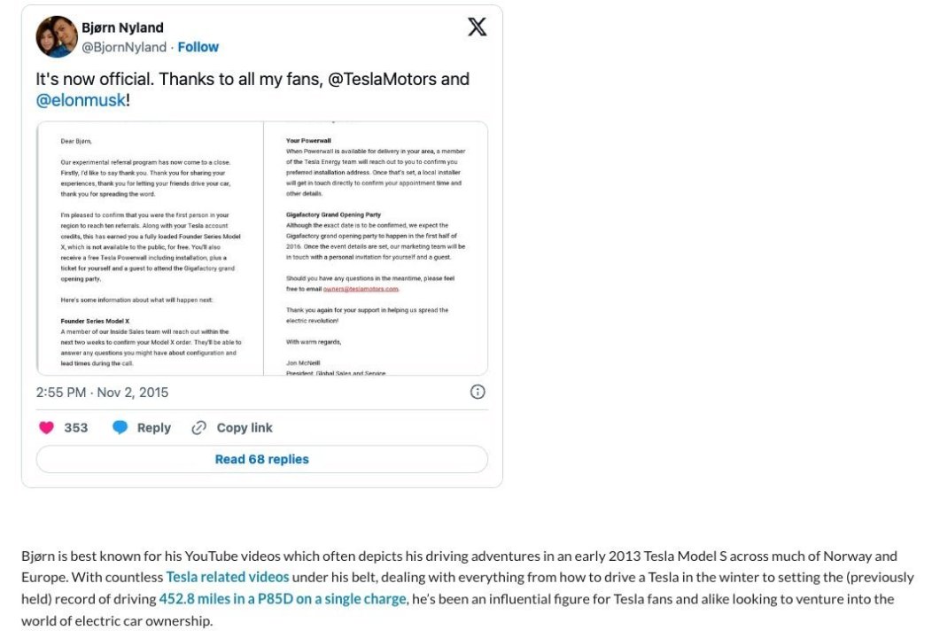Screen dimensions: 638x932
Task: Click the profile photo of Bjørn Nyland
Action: (57, 36)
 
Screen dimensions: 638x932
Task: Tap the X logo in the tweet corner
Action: (477, 27)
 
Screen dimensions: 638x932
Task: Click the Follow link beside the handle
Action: (198, 47)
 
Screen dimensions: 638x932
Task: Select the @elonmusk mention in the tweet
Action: (81, 100)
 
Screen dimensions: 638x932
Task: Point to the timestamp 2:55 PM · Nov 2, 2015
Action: (102, 392)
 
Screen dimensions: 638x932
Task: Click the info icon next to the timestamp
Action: (478, 392)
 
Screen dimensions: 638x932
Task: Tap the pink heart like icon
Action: (46, 427)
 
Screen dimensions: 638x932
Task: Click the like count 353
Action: (76, 427)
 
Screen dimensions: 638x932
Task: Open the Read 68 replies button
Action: (261, 459)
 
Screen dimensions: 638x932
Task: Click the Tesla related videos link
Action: (228, 577)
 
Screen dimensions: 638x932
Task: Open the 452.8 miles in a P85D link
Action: (282, 599)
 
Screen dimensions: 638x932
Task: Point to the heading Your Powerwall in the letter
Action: (308, 141)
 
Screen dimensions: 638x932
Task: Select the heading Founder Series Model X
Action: (96, 321)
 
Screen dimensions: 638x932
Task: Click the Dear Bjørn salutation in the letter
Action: (76, 141)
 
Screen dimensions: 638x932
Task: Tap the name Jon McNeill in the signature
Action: (303, 362)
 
